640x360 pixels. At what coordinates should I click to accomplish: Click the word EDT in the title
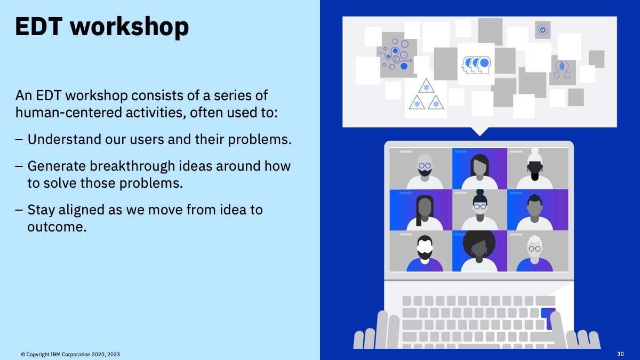(38, 26)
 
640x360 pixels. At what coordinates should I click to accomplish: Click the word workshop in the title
(130, 27)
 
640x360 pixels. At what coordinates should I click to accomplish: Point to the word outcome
(57, 227)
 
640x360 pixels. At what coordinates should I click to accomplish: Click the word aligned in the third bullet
(82, 210)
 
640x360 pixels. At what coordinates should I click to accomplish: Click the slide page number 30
(620, 354)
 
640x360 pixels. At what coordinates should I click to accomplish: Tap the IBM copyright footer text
(70, 355)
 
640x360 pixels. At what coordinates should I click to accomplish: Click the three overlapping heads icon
(476, 65)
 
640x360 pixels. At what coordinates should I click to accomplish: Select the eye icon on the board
(542, 30)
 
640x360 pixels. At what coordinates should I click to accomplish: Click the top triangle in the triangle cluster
(426, 86)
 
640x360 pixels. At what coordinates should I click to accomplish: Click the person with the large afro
(479, 251)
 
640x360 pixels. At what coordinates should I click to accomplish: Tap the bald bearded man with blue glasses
(425, 171)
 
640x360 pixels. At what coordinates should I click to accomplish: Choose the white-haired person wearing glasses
(534, 253)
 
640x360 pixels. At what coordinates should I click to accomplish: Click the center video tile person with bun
(479, 210)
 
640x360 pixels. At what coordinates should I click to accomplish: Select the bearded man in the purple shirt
(425, 253)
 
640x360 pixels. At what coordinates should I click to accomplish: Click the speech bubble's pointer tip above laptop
(479, 135)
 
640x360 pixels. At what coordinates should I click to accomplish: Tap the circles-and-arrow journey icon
(396, 55)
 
